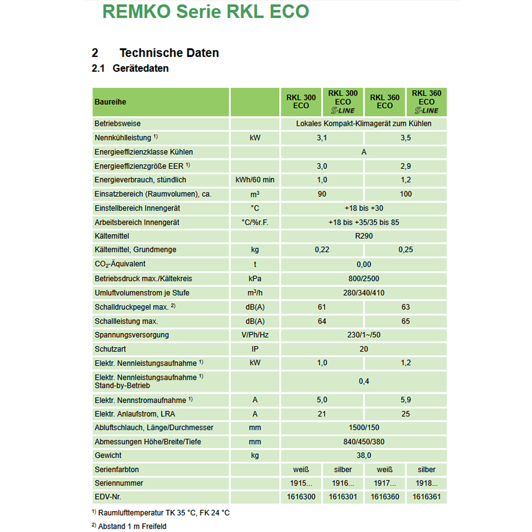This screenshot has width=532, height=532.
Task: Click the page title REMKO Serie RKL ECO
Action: point(205,12)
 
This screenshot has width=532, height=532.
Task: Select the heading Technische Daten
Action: point(169,53)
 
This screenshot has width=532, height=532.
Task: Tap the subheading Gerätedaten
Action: point(140,69)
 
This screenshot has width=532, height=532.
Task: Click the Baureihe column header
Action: point(110,102)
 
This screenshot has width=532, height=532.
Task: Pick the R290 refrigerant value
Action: point(364,236)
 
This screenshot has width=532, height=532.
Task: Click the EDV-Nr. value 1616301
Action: point(343,497)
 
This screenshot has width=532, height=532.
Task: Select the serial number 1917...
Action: point(385,484)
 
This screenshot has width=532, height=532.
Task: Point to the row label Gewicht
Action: point(108,455)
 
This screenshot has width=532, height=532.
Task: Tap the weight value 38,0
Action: point(364,455)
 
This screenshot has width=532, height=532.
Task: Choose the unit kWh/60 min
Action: point(255,180)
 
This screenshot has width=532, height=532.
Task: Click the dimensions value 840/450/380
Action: point(364,442)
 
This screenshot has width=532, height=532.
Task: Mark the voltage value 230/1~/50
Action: point(364,335)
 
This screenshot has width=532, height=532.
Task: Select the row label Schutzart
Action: point(110,349)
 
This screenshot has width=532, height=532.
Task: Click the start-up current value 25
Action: point(406,414)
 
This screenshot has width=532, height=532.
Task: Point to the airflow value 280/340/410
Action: point(364,293)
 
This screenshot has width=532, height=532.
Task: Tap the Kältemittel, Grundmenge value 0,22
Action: point(322,250)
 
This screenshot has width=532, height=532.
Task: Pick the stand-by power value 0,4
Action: point(364,381)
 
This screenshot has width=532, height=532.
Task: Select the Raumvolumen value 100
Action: point(406,194)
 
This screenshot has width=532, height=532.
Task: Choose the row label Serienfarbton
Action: point(117,470)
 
